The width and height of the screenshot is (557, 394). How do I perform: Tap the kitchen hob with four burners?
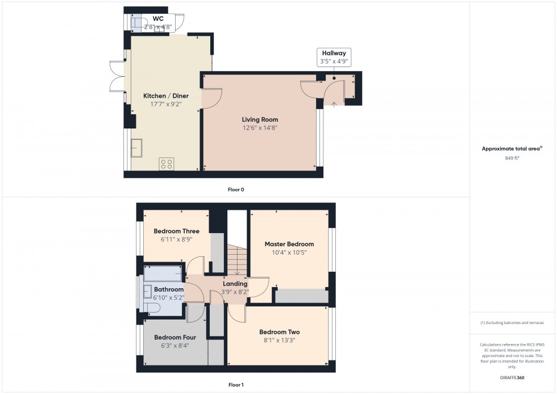point(167,164)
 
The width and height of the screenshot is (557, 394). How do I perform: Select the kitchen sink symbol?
point(138,147)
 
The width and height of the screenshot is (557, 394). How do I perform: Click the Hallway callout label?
point(334,53)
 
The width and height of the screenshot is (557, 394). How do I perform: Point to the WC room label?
point(157,19)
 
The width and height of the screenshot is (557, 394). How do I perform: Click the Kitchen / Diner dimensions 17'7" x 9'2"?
point(165,105)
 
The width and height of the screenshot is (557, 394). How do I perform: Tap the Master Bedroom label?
point(289,244)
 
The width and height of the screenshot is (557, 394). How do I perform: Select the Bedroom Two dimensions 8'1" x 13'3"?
point(279,341)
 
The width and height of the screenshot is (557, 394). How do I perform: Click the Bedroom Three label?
point(176,231)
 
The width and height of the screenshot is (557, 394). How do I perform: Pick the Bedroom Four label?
point(174,337)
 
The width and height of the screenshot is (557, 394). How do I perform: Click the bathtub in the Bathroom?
point(163,274)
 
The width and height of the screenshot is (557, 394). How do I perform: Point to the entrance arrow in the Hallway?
point(334,103)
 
